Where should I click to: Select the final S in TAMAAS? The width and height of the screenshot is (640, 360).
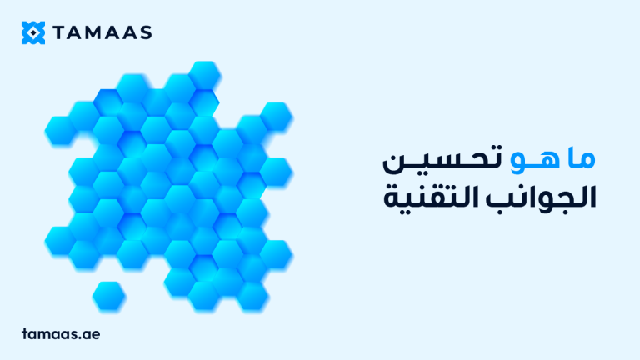coord(146,33)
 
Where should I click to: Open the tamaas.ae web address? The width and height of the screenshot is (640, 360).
coord(61,332)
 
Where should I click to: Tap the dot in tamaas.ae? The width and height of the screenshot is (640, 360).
coord(84,336)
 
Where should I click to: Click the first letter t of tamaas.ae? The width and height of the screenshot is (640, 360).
coord(26,332)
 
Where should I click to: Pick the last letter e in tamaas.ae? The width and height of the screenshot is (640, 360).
coord(97,333)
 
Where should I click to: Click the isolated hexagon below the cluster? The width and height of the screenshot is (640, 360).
coord(108,294)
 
